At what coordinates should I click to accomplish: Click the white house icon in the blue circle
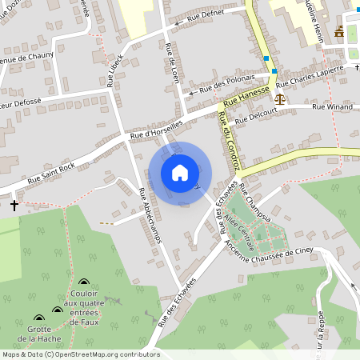point(179,172)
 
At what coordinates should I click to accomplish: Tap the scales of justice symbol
point(279,98)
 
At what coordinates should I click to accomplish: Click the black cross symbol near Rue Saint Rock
point(14,206)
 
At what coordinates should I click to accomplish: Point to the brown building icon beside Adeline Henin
point(340,32)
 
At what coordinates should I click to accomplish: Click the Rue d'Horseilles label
point(157,129)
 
